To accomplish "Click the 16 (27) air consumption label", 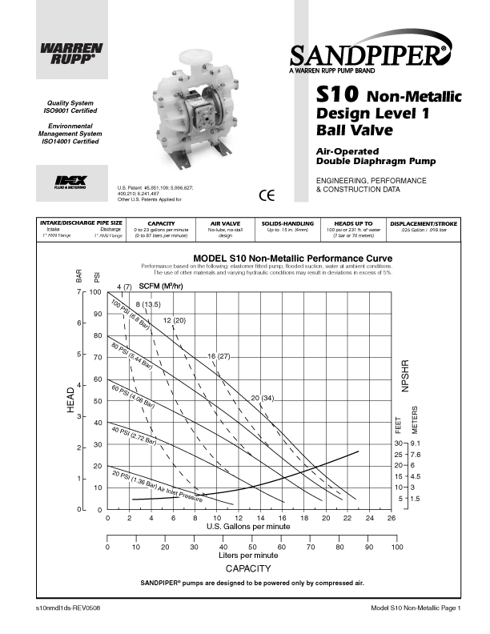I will click(219, 355).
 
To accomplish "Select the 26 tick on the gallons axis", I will click(391, 519).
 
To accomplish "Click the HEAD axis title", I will click(71, 399).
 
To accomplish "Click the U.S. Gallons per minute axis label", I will click(248, 527).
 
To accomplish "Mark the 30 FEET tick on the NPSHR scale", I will click(396, 443).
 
